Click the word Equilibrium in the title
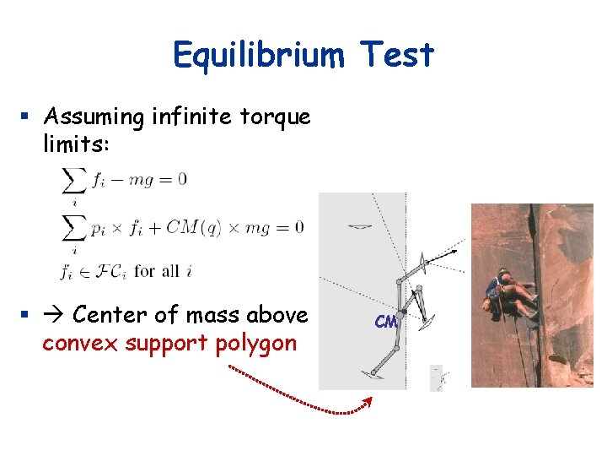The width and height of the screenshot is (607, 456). coord(258,56)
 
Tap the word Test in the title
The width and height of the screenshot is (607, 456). coord(395,56)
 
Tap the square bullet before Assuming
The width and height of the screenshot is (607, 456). coord(27,116)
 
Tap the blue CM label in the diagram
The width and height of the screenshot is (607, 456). coord(385,322)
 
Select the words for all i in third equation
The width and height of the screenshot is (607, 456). coord(168,271)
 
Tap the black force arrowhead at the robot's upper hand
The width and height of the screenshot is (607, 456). coord(456,250)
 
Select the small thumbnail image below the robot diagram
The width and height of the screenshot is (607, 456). coord(437,377)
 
